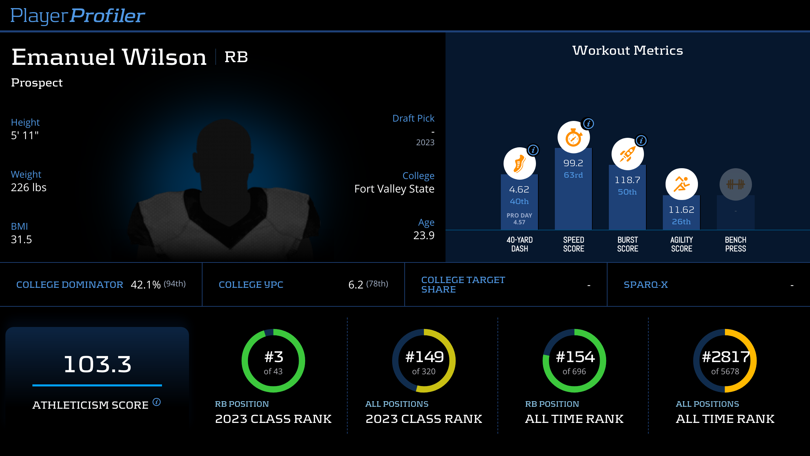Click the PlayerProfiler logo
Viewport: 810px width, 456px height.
pyautogui.click(x=78, y=16)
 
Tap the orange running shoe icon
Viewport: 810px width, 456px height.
pyautogui.click(x=519, y=164)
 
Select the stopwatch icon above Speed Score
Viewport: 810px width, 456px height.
pyautogui.click(x=573, y=137)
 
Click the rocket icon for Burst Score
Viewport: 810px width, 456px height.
pyautogui.click(x=627, y=154)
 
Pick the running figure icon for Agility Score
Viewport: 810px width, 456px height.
pyautogui.click(x=681, y=184)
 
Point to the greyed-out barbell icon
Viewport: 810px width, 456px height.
pyautogui.click(x=735, y=184)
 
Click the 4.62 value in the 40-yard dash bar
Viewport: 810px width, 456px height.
pyautogui.click(x=519, y=189)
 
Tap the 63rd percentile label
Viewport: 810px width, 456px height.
pyautogui.click(x=573, y=175)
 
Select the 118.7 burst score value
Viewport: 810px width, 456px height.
pyautogui.click(x=627, y=180)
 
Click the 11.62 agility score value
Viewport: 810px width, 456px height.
pyautogui.click(x=681, y=210)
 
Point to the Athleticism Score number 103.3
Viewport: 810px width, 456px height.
pyautogui.click(x=97, y=364)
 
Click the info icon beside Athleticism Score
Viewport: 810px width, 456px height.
pyautogui.click(x=157, y=402)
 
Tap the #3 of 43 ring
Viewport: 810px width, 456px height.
pyautogui.click(x=273, y=361)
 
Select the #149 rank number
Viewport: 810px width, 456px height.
pyautogui.click(x=424, y=357)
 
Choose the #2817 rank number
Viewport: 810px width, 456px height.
pyautogui.click(x=725, y=357)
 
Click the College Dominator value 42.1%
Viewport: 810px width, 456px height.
pyautogui.click(x=145, y=285)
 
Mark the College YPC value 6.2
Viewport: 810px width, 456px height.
pyautogui.click(x=356, y=285)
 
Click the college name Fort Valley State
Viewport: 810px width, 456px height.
pyautogui.click(x=394, y=189)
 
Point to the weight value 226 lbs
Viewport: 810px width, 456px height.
pyautogui.click(x=29, y=187)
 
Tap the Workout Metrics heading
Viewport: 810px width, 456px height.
pyautogui.click(x=627, y=50)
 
